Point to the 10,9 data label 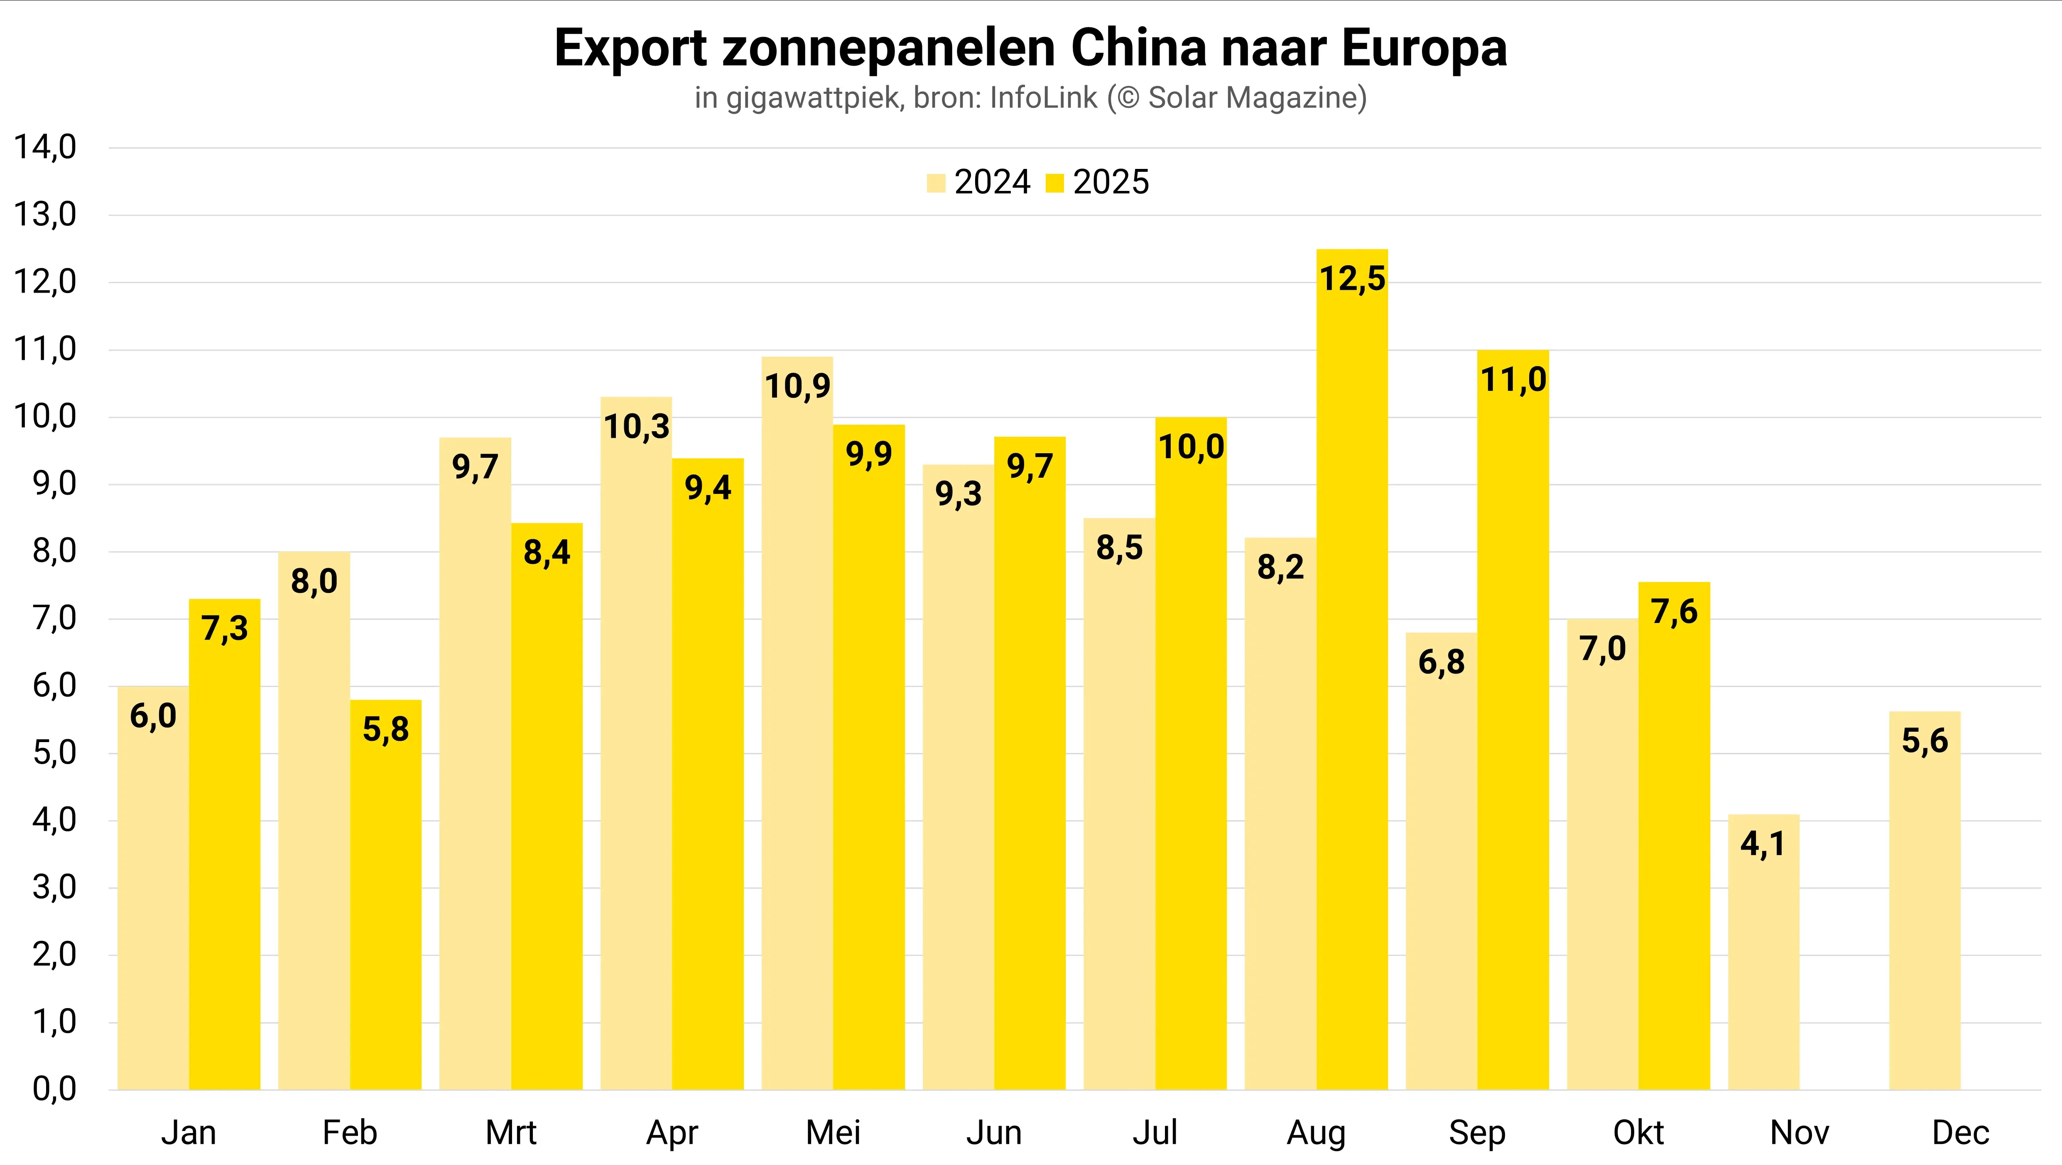(797, 386)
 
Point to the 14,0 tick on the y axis (45, 147)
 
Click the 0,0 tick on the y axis (54, 1090)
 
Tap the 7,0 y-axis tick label (54, 618)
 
